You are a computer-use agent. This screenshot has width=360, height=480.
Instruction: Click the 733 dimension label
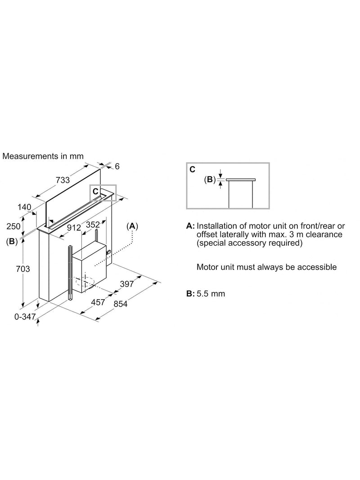click(x=63, y=180)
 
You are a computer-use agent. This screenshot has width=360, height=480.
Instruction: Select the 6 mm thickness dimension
click(x=117, y=166)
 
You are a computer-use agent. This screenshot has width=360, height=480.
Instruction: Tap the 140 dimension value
click(x=24, y=207)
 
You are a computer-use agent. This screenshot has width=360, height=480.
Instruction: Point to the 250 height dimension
click(x=13, y=226)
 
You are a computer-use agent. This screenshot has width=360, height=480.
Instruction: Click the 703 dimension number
click(x=23, y=269)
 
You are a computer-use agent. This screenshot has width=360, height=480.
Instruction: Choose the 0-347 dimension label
click(x=25, y=317)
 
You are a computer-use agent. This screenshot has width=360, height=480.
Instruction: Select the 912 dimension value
click(x=74, y=228)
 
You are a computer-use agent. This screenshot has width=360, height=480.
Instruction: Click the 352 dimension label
click(x=93, y=224)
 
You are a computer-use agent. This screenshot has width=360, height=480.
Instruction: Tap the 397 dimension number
click(x=127, y=284)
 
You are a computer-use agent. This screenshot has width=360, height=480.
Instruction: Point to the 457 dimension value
click(x=98, y=302)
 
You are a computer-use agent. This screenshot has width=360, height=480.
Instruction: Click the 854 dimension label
click(x=120, y=304)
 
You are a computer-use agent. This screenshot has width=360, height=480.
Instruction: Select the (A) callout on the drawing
click(x=132, y=226)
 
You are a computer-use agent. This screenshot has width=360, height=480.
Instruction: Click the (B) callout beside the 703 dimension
click(x=12, y=241)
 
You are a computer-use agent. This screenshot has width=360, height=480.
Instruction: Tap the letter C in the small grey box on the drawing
click(x=95, y=191)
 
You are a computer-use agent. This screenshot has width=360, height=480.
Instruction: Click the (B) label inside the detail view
click(x=210, y=179)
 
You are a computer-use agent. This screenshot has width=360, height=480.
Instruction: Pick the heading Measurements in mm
click(x=43, y=156)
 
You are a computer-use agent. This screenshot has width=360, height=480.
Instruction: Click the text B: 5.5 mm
click(x=206, y=294)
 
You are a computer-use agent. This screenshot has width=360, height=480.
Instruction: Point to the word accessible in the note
click(x=317, y=267)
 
